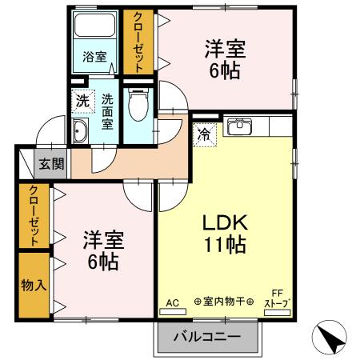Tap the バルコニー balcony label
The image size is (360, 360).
[207, 337]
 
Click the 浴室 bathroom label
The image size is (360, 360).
[95, 56]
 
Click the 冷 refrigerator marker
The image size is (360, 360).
[205, 134]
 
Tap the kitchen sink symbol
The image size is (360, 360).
[238, 127]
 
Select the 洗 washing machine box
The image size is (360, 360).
[83, 102]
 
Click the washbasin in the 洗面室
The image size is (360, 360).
[80, 133]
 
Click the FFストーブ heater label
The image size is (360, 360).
[278, 298]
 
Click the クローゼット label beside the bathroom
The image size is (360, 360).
[138, 42]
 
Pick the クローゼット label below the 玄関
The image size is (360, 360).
[34, 214]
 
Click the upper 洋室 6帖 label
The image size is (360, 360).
[224, 58]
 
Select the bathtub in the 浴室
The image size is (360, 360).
[95, 31]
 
